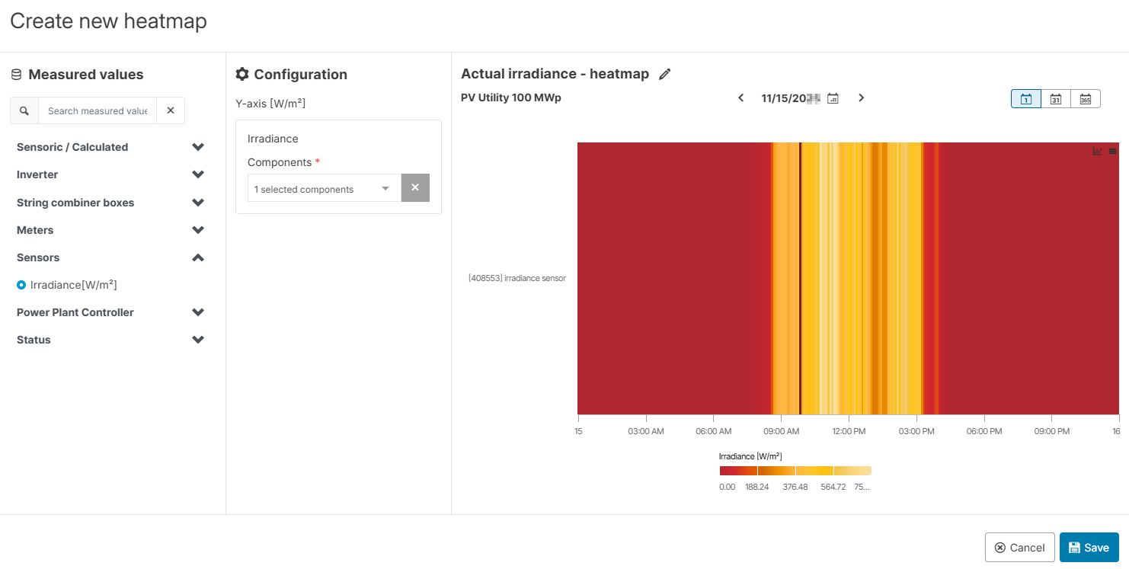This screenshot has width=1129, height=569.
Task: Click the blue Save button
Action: [x=1089, y=548]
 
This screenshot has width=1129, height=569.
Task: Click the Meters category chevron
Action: [x=198, y=230]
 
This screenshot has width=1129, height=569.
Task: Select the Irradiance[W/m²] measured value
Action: [x=73, y=285]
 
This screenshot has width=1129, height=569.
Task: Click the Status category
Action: [x=34, y=340]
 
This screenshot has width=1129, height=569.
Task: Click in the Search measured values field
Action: [x=97, y=110]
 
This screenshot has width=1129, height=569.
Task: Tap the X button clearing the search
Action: [x=171, y=110]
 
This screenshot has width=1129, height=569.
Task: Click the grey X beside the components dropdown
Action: [x=415, y=188]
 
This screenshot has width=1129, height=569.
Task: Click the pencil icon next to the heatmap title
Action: [x=665, y=74]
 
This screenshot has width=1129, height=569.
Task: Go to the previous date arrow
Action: [x=740, y=98]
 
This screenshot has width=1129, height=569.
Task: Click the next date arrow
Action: [x=861, y=98]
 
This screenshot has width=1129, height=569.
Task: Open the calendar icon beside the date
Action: [x=833, y=98]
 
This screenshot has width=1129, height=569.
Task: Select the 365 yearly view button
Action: [x=1085, y=99]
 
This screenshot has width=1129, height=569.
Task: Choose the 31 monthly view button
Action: [x=1056, y=99]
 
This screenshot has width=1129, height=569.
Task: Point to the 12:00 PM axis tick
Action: [x=849, y=431]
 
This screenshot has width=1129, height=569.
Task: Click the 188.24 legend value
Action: [x=756, y=487]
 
